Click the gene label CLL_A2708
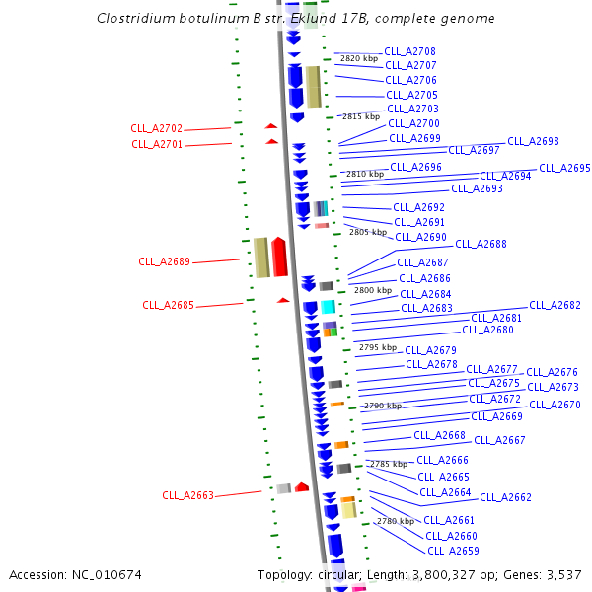409,51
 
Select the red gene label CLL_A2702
157,129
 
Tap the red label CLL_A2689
164,262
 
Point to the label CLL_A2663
187,495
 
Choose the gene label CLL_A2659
453,551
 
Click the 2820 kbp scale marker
359,58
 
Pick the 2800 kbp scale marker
373,290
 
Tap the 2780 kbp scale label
394,521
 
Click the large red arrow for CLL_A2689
280,258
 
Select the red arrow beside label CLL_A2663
302,487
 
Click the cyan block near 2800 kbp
328,307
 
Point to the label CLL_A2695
564,168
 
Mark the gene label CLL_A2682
555,306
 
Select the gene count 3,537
561,574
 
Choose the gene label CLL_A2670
555,405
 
